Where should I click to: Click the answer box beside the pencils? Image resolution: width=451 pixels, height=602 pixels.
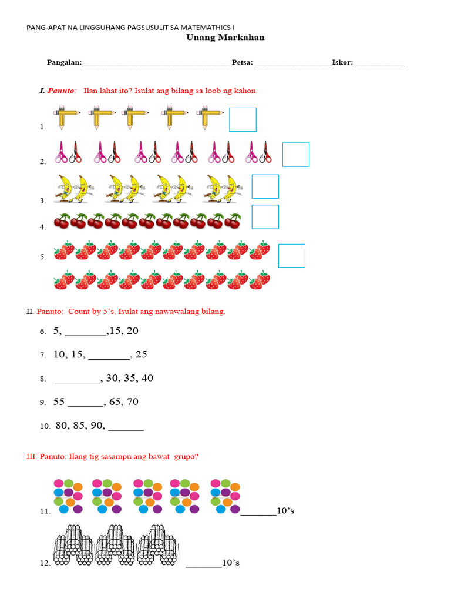tap(243, 119)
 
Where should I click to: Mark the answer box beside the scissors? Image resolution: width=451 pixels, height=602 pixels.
tap(295, 154)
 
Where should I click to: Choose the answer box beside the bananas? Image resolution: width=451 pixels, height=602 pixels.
tap(265, 186)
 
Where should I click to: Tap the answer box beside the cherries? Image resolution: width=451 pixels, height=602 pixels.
tap(265, 216)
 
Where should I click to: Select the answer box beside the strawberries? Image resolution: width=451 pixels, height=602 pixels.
tap(291, 256)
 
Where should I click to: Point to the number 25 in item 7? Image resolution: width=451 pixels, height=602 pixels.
tap(141, 354)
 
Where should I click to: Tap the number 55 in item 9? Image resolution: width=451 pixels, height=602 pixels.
tap(59, 402)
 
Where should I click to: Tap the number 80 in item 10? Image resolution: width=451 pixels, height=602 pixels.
tap(62, 426)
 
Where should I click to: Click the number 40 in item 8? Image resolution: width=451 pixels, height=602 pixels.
tap(146, 378)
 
